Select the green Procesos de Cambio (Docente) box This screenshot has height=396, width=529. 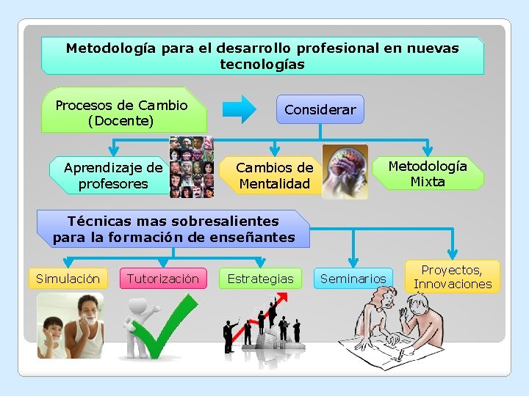point(122,112)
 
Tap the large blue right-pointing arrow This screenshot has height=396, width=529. point(240,109)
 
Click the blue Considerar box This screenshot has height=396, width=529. point(320,109)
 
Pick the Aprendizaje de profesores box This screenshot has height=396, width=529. point(112,176)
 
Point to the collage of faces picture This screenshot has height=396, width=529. point(192,167)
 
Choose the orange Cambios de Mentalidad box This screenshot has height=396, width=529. point(273,176)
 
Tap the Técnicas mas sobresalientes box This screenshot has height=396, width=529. point(173,229)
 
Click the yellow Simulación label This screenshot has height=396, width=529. point(68,279)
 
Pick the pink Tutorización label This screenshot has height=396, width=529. point(162,279)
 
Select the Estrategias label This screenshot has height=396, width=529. point(260,279)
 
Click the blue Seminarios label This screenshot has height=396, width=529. point(353,279)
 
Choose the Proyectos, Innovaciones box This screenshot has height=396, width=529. point(452,276)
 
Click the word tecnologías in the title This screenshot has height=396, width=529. point(262,65)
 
